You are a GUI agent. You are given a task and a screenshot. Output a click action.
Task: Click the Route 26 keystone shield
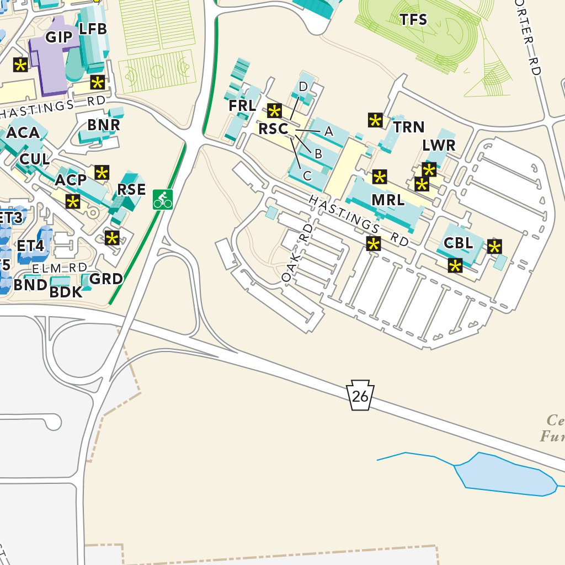point(360,395)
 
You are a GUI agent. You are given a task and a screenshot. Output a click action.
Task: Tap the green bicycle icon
point(163,199)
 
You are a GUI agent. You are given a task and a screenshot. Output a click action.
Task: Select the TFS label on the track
point(413,20)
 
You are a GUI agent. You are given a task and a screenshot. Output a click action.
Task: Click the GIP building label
point(58,37)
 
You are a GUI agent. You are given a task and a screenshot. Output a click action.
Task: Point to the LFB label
point(93,29)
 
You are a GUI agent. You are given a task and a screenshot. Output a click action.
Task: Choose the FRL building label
point(242,105)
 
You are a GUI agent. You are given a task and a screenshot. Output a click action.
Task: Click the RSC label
point(274,129)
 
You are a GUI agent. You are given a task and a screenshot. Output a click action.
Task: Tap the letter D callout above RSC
point(303,87)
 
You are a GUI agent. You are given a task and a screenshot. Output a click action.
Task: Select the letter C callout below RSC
point(308,176)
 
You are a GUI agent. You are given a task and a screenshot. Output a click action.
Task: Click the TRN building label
point(409,127)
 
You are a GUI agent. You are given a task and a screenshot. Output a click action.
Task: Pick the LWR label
point(439,146)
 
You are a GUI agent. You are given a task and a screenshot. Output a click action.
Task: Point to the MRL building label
point(388,200)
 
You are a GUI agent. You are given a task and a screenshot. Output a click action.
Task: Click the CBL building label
point(458,243)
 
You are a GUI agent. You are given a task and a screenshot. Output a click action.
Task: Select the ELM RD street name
point(60,268)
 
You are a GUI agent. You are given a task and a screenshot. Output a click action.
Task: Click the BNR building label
point(104,125)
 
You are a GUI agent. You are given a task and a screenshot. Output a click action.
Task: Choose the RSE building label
point(131,190)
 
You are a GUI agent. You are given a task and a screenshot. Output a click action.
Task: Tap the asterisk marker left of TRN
point(375,120)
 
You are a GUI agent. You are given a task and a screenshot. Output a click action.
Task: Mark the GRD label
point(106,279)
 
